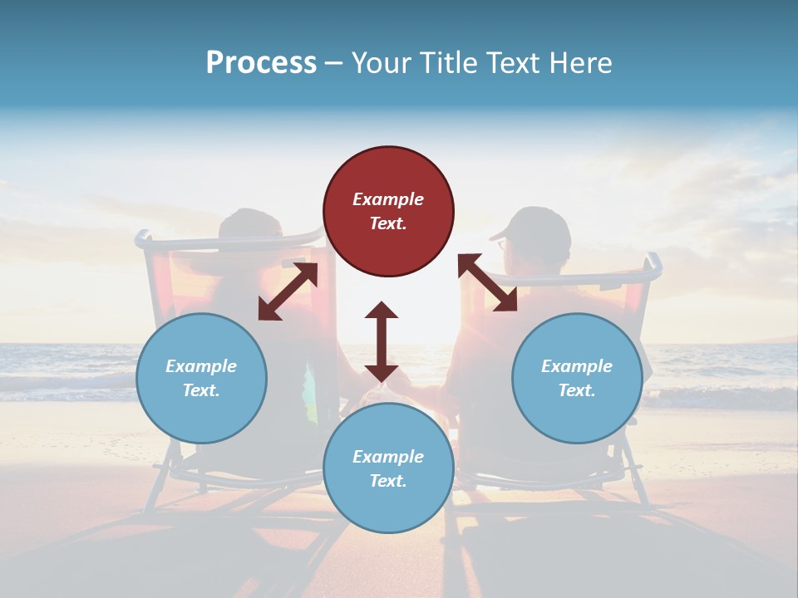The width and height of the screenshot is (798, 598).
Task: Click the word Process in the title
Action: pyautogui.click(x=261, y=63)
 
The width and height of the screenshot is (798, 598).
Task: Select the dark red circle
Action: pyautogui.click(x=388, y=211)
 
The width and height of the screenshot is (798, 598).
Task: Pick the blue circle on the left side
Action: pyautogui.click(x=201, y=378)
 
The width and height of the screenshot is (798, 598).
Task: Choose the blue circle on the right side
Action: pyautogui.click(x=577, y=378)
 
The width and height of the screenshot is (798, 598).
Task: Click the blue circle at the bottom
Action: pyautogui.click(x=388, y=468)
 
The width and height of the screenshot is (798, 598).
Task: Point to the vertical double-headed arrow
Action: pyautogui.click(x=382, y=341)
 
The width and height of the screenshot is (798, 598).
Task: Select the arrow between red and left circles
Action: pyautogui.click(x=288, y=292)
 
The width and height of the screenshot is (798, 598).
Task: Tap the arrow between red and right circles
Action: pyautogui.click(x=487, y=282)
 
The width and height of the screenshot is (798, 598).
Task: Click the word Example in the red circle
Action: pyautogui.click(x=388, y=199)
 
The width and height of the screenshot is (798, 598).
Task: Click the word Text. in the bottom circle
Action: pyautogui.click(x=388, y=481)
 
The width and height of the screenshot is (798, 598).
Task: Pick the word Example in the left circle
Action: pyautogui.click(x=201, y=366)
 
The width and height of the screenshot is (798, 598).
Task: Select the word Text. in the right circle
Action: pyautogui.click(x=577, y=390)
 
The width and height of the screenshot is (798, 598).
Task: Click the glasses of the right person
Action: pyautogui.click(x=501, y=244)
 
